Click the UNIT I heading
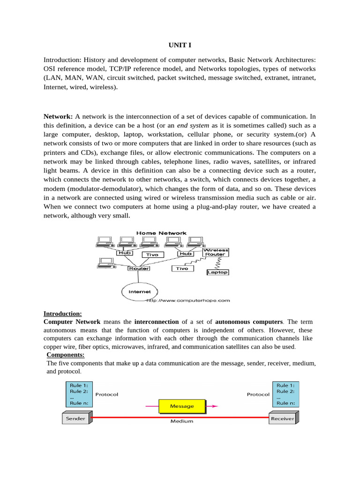pos(180,45)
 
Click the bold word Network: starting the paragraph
pos(58,116)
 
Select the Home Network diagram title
pos(161,233)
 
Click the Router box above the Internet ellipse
pos(139,269)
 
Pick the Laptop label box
pos(217,272)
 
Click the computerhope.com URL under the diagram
pos(188,300)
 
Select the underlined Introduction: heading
pos(63,314)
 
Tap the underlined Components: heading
pos(65,355)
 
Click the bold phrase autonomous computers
pos(249,322)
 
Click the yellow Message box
pos(182,406)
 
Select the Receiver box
pos(282,419)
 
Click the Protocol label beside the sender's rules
pos(107,395)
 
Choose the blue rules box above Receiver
pos(285,394)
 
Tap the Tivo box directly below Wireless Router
pos(182,269)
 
